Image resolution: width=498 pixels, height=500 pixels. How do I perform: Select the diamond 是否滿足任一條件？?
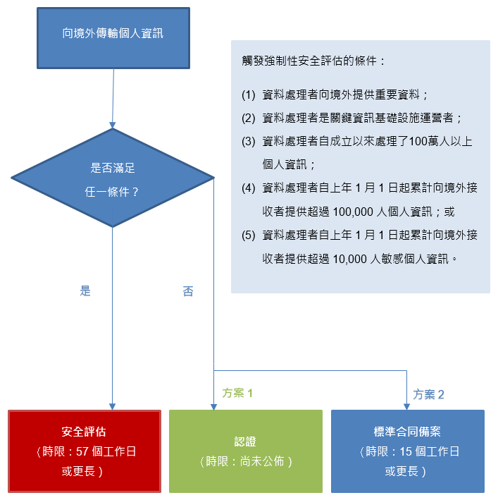pos(113,178)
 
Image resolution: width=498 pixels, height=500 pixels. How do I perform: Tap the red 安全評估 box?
pos(84,451)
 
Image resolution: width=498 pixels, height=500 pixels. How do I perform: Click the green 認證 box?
pos(245,451)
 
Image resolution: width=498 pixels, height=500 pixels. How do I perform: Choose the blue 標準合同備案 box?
pos(407,451)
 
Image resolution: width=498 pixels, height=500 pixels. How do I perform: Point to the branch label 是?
pos(85,291)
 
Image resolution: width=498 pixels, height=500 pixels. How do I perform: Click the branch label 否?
pos(187,291)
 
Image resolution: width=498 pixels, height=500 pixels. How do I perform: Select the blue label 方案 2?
pos(429,394)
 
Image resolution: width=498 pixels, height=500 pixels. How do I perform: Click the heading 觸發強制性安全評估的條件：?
pos(313,61)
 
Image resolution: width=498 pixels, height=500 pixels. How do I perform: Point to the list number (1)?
pos(248,94)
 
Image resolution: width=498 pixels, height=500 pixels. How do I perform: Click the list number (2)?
pos(248,118)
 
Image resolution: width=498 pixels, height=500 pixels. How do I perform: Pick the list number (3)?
pos(248,141)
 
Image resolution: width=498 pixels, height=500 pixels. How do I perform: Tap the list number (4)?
pos(248,188)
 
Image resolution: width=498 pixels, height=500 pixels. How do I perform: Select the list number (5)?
pos(248,235)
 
